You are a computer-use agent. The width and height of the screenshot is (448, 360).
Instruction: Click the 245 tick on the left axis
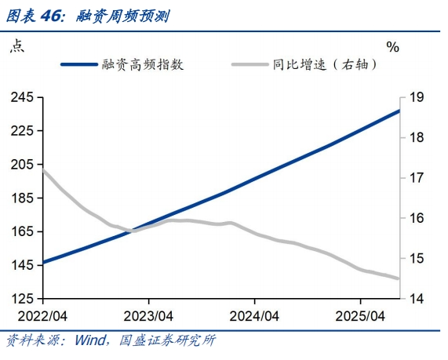21,97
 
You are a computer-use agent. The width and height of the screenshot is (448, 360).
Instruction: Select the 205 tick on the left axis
21,165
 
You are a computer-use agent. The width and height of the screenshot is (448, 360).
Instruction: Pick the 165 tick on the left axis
21,232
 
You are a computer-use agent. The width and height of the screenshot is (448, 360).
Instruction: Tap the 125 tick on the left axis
21,299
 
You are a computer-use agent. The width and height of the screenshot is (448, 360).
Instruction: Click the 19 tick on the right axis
417,97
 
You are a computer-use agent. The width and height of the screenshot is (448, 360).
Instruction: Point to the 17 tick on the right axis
417,178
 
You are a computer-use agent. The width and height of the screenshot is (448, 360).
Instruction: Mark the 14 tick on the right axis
417,299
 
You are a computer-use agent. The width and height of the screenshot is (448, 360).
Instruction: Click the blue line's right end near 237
399,111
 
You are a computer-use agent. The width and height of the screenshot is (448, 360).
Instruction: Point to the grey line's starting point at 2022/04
43,170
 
